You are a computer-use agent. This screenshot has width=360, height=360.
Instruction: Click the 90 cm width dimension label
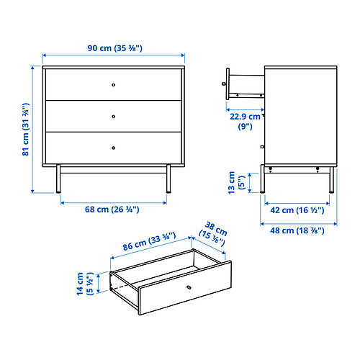(114, 48)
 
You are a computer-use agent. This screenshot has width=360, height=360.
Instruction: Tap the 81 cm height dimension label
(26, 130)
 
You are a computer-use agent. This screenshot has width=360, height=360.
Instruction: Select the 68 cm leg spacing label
(112, 210)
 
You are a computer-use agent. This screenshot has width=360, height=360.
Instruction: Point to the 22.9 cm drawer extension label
(245, 121)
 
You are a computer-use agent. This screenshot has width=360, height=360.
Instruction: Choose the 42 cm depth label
(297, 210)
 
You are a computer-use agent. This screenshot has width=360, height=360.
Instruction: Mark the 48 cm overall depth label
(297, 230)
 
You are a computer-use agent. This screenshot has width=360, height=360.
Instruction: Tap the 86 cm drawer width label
(149, 241)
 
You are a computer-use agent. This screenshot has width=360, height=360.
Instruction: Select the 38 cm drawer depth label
(213, 234)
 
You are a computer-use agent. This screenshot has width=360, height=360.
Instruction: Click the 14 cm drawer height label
(85, 284)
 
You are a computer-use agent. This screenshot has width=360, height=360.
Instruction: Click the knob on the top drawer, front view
(114, 85)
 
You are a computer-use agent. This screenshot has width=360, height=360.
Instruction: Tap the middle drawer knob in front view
(114, 117)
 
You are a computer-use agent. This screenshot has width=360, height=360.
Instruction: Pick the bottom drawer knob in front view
(114, 148)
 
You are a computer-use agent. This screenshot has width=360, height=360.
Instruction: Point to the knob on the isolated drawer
(189, 287)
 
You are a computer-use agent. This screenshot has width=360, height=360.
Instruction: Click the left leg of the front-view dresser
(58, 179)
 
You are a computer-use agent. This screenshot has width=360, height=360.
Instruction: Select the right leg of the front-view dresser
(168, 179)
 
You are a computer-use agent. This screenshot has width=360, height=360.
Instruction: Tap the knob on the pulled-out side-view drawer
(224, 84)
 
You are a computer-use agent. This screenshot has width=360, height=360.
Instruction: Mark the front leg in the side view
(263, 179)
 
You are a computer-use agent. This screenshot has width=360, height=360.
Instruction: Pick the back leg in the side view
(332, 180)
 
